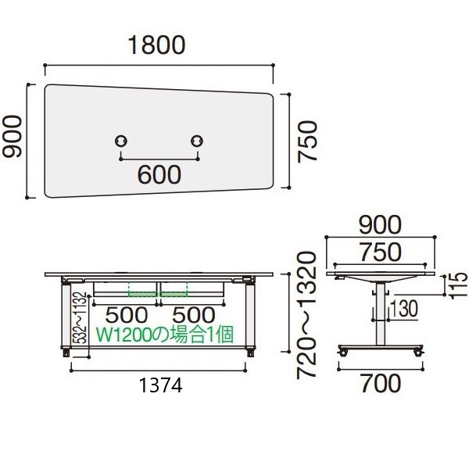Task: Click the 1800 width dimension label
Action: (x=157, y=45)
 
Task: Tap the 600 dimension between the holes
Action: (x=159, y=174)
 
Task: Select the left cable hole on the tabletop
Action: (x=121, y=141)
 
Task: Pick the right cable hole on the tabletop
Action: (x=197, y=141)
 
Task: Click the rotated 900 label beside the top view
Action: (x=13, y=136)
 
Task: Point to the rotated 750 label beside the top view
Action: (x=307, y=141)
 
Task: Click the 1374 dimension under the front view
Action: (x=161, y=385)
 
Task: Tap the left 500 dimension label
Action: (x=127, y=315)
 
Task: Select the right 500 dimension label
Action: (x=194, y=315)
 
